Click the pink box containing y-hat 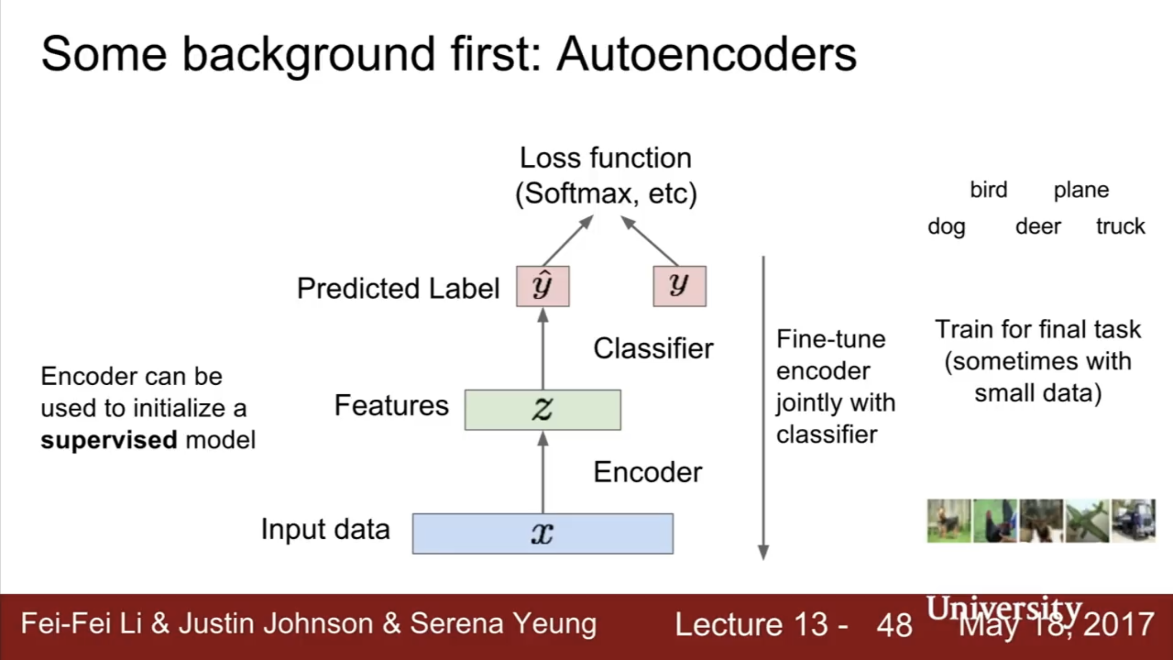click(542, 286)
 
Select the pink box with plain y click(679, 286)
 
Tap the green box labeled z click(542, 410)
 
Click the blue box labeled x click(542, 534)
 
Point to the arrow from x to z click(542, 472)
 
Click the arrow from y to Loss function click(650, 241)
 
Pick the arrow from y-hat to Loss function click(567, 241)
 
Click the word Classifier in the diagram click(653, 349)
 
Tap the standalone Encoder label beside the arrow click(648, 472)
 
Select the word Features click(392, 405)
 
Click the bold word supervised click(109, 441)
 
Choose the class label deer click(1038, 226)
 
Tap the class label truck click(1120, 226)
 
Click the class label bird click(989, 190)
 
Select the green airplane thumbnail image click(1087, 521)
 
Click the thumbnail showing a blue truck click(1133, 521)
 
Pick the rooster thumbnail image click(995, 521)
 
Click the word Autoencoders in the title click(707, 54)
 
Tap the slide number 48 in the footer click(895, 625)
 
